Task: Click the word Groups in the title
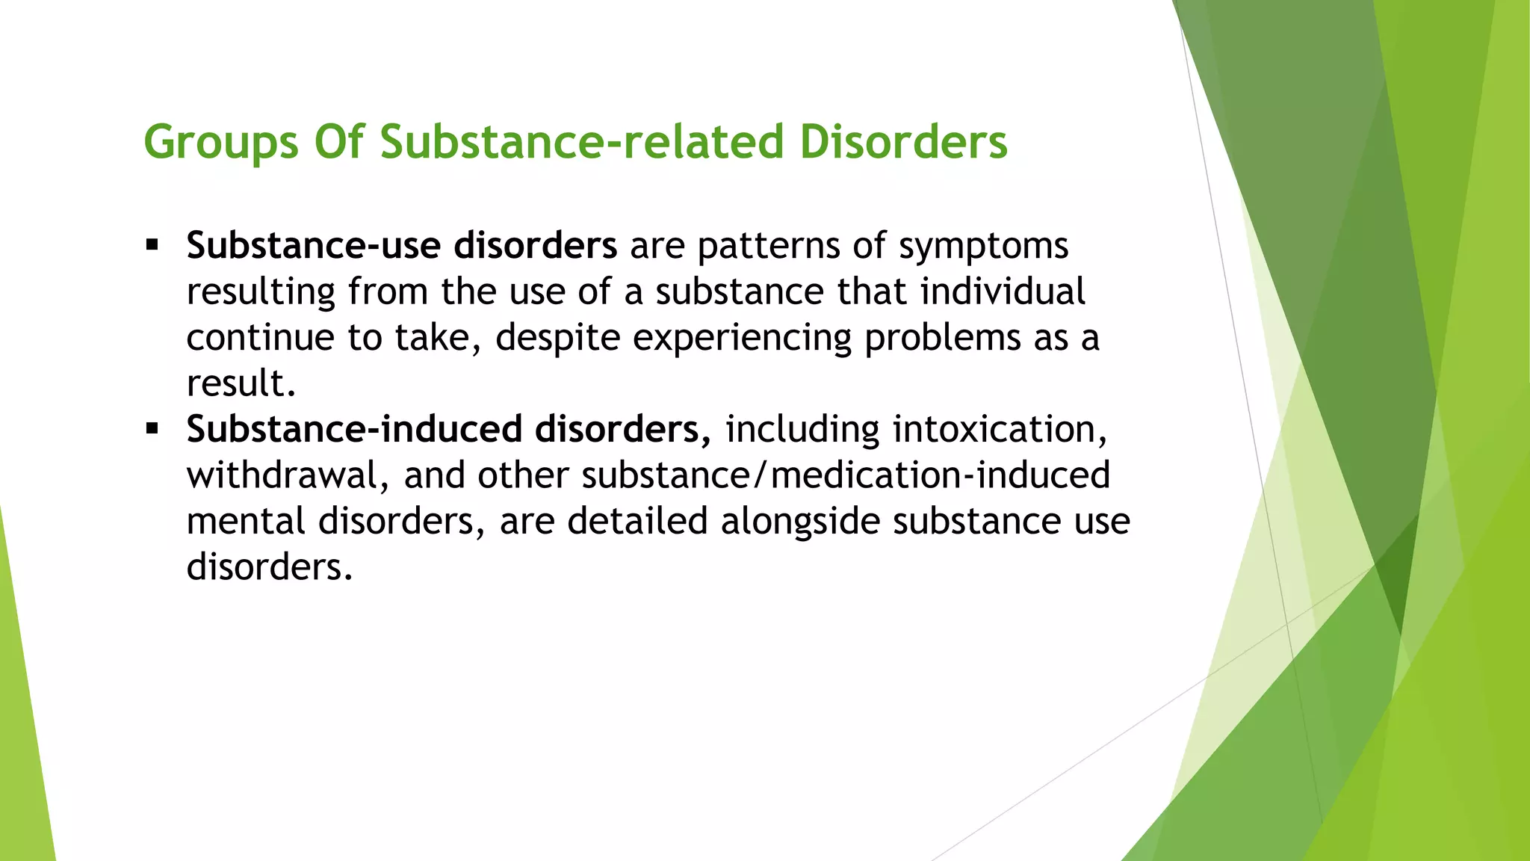click(x=221, y=142)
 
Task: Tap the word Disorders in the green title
click(x=903, y=142)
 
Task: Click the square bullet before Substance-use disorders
click(x=153, y=245)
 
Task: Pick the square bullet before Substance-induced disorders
click(x=153, y=429)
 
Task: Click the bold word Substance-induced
click(x=354, y=429)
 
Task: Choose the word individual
click(x=1003, y=291)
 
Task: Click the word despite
click(x=557, y=338)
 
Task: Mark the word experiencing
click(x=742, y=338)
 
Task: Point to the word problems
click(x=942, y=338)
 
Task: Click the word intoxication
click(x=1000, y=430)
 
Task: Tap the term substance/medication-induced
click(x=846, y=476)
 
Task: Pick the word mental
click(x=246, y=522)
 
